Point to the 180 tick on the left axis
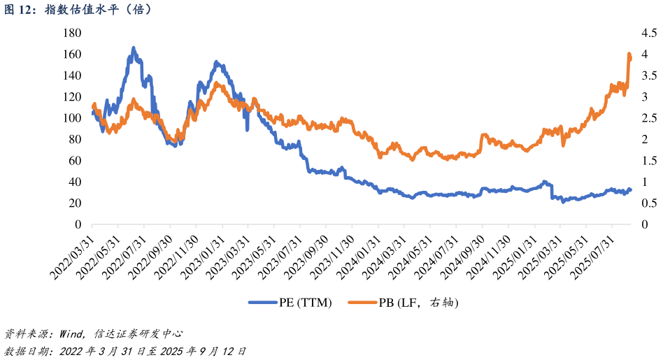pos(73,34)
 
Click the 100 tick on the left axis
pos(73,118)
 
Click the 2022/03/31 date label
pos(72,257)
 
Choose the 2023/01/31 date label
pos(202,257)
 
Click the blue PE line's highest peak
pos(134,48)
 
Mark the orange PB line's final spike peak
pos(629,54)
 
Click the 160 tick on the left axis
pos(73,55)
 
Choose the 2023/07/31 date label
pos(280,257)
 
